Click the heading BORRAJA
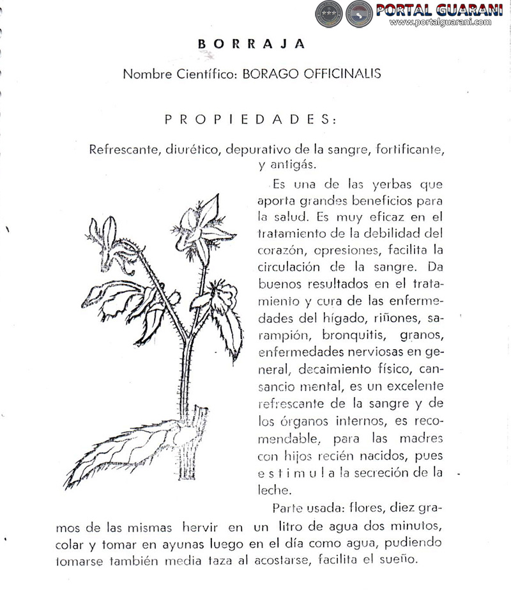point(251,44)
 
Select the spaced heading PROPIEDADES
point(250,120)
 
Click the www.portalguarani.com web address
point(440,22)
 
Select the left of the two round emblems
point(330,13)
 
